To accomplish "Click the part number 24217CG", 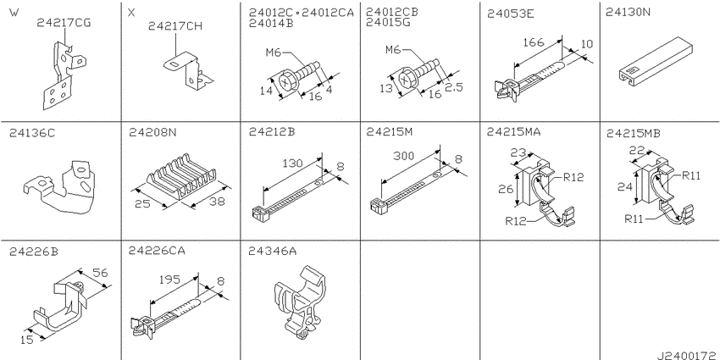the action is tap(64, 23).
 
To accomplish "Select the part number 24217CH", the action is tap(175, 26).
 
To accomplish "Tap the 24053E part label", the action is tap(511, 14).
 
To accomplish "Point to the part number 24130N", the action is tap(629, 13).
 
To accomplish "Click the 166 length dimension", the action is tap(533, 42).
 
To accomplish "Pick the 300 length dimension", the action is tap(404, 156).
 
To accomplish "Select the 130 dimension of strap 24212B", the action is tap(292, 163).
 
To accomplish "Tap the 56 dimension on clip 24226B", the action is tap(100, 274).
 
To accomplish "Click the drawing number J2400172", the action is tap(688, 356).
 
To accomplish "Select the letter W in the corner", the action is tap(14, 13).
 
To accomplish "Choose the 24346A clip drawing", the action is tap(302, 302).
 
